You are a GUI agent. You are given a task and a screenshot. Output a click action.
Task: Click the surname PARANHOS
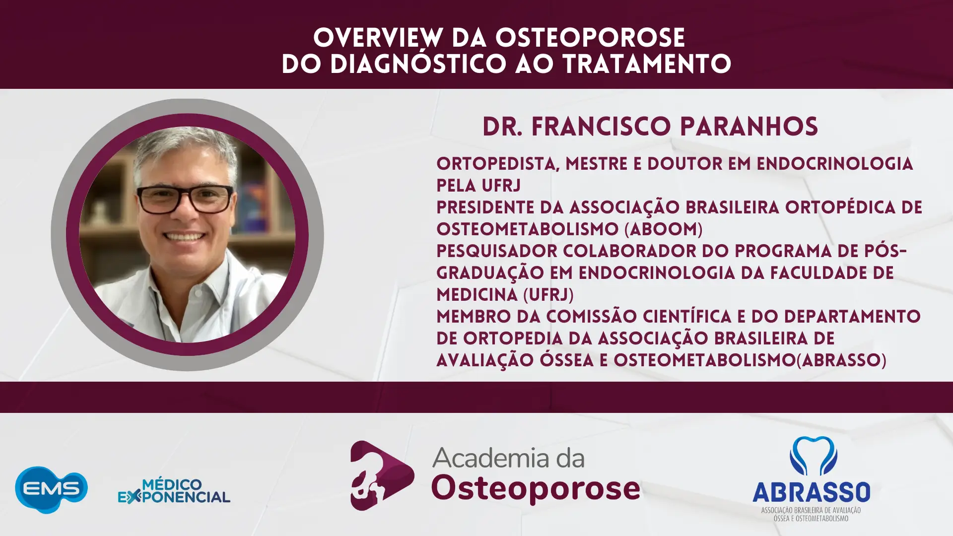tap(749, 127)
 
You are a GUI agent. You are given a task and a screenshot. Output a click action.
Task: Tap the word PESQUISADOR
tap(496, 251)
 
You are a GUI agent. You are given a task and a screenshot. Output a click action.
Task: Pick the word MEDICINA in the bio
tap(477, 295)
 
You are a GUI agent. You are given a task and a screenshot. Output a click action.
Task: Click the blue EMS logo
tap(51, 489)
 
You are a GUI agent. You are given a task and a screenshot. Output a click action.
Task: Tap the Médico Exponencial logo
tap(174, 491)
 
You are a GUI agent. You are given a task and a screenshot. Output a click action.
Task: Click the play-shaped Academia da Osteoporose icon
tap(382, 475)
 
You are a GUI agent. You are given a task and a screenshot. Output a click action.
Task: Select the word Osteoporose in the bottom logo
tap(536, 489)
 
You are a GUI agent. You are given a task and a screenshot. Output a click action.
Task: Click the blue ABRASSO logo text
tap(811, 492)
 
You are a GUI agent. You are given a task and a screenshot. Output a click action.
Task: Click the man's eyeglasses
tap(185, 199)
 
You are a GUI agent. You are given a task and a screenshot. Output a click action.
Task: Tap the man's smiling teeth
tap(184, 237)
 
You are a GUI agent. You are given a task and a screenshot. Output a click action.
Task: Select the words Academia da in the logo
tap(508, 458)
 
